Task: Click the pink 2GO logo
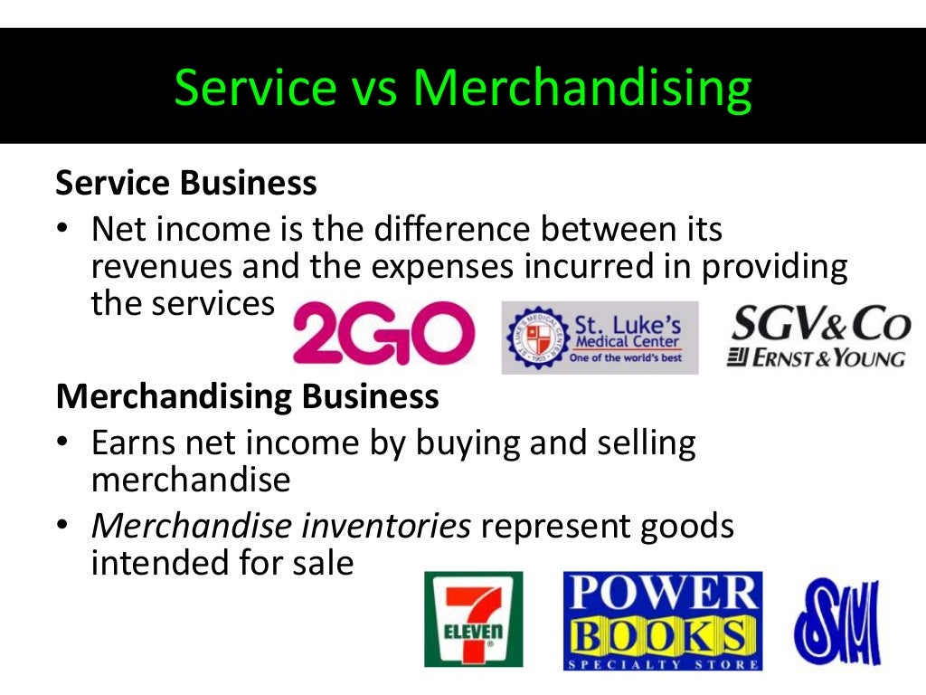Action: click(383, 334)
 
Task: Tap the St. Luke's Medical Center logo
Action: click(600, 337)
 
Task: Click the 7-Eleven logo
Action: click(473, 618)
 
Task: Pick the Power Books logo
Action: click(662, 621)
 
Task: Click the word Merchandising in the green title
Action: click(582, 89)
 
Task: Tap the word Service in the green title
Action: click(255, 89)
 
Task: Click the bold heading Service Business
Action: click(186, 184)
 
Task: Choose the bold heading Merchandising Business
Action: click(248, 397)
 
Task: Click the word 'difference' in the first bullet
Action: click(479, 230)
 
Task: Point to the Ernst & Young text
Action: click(817, 357)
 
